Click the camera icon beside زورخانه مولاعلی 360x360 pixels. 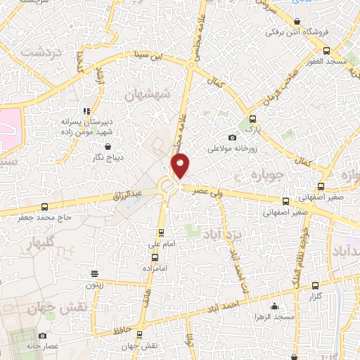pos(233,138)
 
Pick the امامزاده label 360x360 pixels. pos(153,269)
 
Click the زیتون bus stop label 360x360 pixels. pos(94,285)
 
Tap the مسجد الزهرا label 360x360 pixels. pos(273,316)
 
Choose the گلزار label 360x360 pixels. pos(315,297)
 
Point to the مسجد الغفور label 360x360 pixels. pos(327,62)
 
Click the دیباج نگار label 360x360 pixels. pos(107,157)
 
